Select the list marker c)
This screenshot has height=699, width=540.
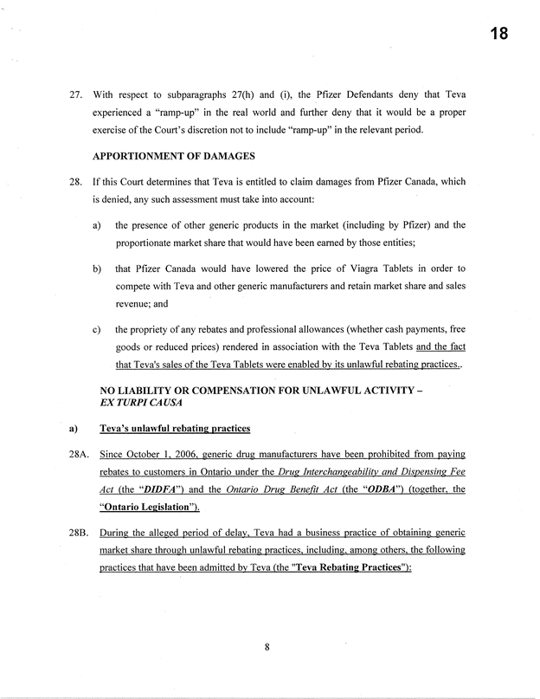[94, 329]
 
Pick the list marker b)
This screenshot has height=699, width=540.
[95, 269]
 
